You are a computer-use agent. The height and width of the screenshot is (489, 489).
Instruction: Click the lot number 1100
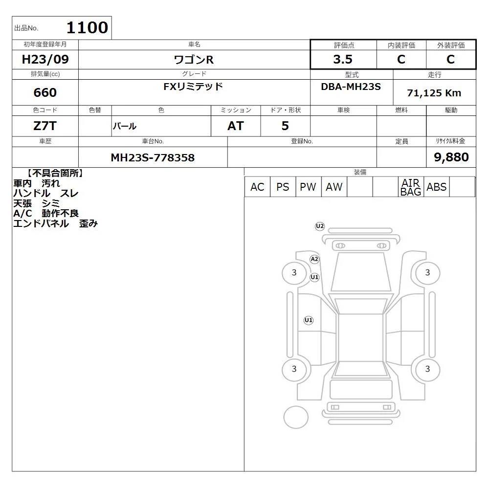click(88, 27)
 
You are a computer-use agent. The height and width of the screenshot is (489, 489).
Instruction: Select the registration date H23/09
click(45, 59)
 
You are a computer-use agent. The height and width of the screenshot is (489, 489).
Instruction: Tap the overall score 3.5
click(343, 59)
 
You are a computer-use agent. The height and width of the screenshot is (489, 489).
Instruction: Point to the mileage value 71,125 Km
click(434, 93)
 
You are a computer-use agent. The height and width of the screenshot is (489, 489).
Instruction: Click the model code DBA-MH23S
click(351, 87)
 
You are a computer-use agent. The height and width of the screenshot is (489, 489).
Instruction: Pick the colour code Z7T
click(45, 126)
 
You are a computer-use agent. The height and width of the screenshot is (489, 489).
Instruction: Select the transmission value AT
click(236, 126)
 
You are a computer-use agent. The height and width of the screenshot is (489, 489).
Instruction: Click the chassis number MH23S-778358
click(153, 157)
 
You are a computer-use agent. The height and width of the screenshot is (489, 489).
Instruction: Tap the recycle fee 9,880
click(451, 157)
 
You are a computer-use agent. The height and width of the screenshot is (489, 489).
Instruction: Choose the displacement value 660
click(45, 92)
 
